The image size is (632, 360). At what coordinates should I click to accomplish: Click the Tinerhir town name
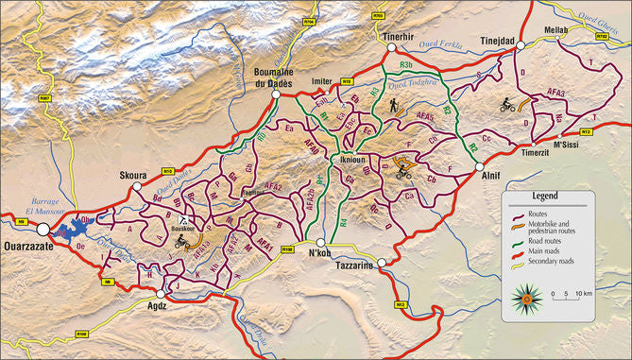[400, 36]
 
